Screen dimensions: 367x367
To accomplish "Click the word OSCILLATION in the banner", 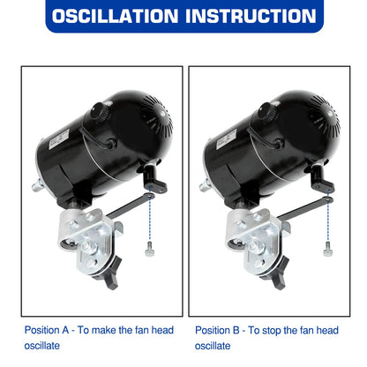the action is click(115, 16).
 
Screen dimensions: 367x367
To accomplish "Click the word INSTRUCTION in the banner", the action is click(251, 16).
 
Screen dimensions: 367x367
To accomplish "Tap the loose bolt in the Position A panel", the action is click(149, 249).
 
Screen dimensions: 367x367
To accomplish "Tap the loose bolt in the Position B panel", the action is click(327, 249).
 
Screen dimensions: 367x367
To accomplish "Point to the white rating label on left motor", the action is click(58, 139).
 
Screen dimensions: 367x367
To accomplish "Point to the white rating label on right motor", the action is click(226, 139).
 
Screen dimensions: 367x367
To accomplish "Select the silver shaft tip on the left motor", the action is click(38, 185).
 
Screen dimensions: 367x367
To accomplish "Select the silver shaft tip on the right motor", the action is click(206, 185).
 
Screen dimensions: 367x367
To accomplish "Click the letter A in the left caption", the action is click(65, 330).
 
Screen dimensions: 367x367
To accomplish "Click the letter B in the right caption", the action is click(236, 330).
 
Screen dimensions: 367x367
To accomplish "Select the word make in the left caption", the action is click(104, 330).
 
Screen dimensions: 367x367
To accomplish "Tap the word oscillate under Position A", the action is click(42, 346).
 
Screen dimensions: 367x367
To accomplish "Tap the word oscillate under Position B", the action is click(213, 346).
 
